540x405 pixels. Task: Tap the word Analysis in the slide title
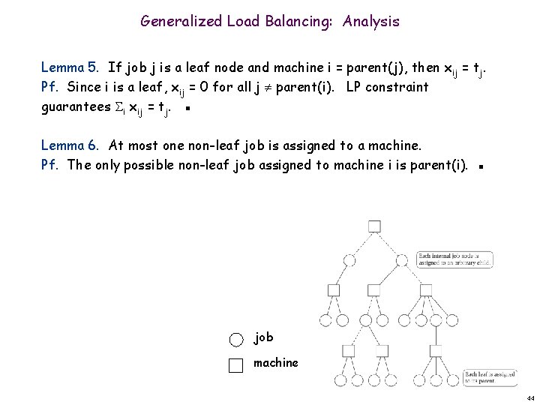(x=371, y=21)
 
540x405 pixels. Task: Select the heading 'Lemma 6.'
(x=70, y=145)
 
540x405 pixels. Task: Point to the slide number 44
(x=529, y=397)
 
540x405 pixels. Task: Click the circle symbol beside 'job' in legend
(x=236, y=339)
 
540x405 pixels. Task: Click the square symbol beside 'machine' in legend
(x=236, y=365)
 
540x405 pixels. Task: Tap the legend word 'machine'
(x=276, y=363)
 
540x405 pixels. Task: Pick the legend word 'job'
(x=263, y=337)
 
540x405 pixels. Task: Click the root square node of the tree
(x=374, y=226)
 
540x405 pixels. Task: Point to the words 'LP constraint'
(x=387, y=87)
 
